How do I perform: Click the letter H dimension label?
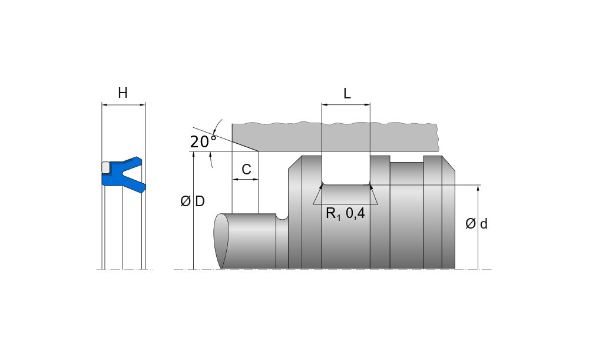click(123, 93)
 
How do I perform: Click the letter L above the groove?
click(347, 94)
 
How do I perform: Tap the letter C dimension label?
click(246, 170)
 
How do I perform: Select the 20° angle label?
click(203, 141)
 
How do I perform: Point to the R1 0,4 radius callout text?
click(345, 214)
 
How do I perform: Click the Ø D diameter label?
click(193, 202)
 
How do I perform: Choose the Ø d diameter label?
click(477, 224)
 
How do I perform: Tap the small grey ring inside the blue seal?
click(105, 167)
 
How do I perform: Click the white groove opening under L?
click(346, 169)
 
